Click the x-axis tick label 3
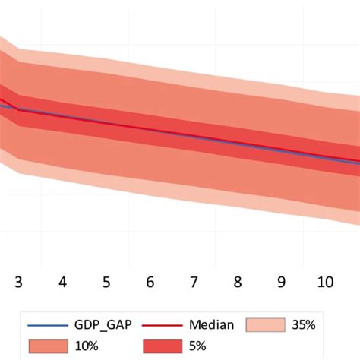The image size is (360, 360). click(x=18, y=282)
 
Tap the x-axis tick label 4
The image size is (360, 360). click(x=62, y=282)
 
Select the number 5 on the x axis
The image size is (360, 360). click(x=106, y=282)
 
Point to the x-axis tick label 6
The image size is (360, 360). click(x=150, y=282)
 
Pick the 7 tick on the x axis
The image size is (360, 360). click(x=194, y=282)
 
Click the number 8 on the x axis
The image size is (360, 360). click(x=238, y=282)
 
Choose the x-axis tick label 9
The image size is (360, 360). click(x=282, y=282)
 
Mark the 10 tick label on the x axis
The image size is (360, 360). click(x=325, y=282)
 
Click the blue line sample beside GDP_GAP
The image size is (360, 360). click(x=46, y=326)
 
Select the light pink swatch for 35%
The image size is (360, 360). click(x=265, y=325)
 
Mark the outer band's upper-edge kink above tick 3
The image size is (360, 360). click(x=18, y=50)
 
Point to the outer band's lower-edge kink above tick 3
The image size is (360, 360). click(x=18, y=172)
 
